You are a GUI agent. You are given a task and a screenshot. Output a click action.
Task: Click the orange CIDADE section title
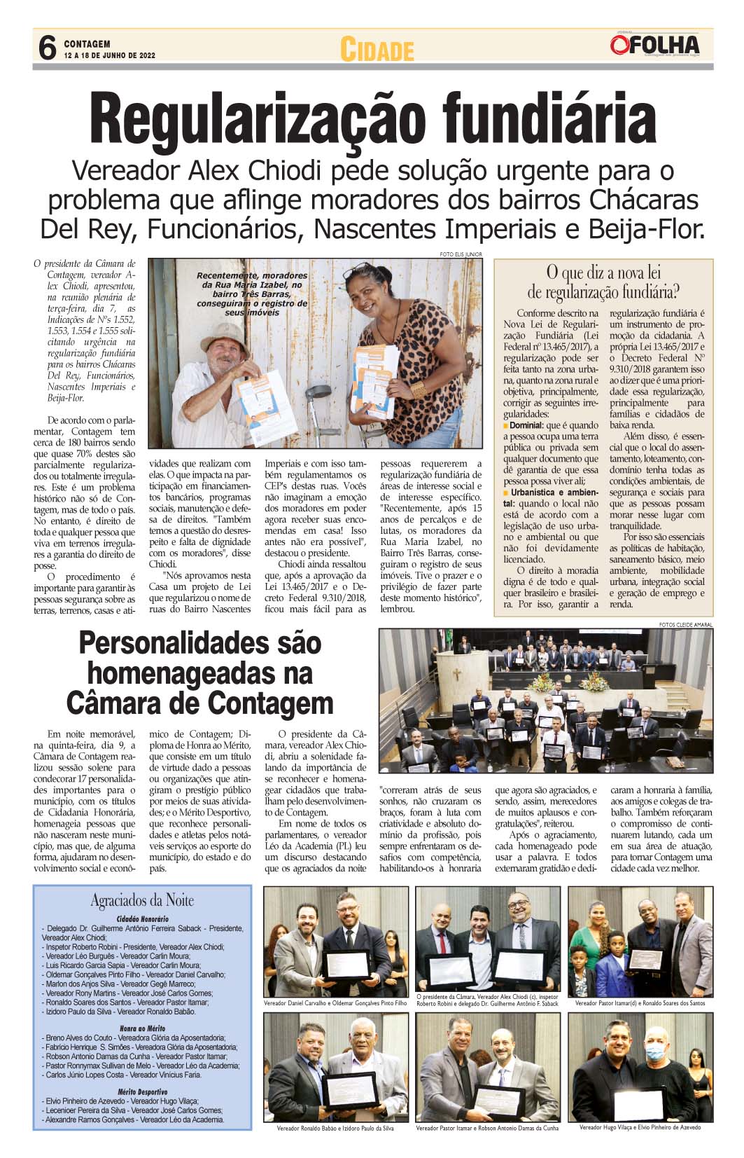click(x=377, y=50)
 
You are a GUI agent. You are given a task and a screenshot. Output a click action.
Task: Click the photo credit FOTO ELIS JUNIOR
click(x=461, y=254)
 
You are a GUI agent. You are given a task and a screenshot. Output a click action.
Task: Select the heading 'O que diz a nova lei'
click(x=603, y=273)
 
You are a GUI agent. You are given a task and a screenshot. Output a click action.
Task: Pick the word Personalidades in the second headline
click(x=199, y=643)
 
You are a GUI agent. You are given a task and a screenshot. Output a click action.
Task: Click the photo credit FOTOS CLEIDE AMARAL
click(x=685, y=624)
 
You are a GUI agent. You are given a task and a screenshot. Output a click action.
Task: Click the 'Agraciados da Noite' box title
click(x=142, y=900)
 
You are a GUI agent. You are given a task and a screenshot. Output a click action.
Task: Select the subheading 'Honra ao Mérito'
click(x=143, y=1028)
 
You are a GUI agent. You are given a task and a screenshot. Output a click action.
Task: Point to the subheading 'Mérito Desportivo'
click(x=143, y=1091)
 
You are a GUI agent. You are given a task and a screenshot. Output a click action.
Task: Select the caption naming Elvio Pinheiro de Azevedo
click(x=640, y=1128)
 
